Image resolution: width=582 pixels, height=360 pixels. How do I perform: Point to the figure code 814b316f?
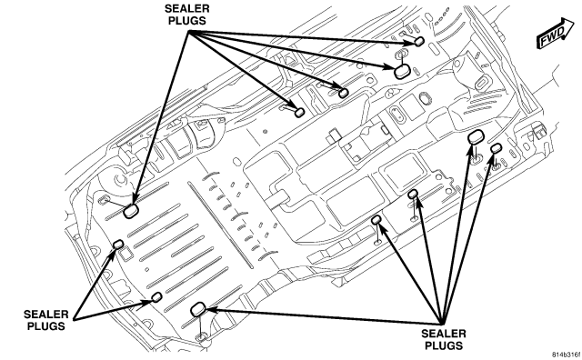click(567, 355)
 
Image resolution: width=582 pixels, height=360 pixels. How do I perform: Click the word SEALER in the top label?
click(187, 8)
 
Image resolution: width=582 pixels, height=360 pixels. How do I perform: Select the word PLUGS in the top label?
click(187, 20)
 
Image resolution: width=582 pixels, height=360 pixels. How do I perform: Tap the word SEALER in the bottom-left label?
click(46, 315)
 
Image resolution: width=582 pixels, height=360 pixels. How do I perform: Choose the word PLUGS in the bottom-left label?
click(46, 326)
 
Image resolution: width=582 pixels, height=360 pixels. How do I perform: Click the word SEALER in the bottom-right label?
click(444, 334)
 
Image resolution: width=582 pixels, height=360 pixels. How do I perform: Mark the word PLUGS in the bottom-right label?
click(444, 345)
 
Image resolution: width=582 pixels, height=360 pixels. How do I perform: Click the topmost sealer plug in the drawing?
click(419, 41)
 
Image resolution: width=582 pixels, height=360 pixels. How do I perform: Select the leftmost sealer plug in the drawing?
click(118, 244)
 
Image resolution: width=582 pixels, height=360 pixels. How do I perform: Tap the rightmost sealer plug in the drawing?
click(497, 148)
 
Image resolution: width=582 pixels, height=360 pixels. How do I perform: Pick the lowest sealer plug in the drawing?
click(198, 309)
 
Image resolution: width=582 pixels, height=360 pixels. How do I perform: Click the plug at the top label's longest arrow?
click(131, 211)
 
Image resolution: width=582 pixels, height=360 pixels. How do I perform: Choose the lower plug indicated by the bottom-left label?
click(157, 296)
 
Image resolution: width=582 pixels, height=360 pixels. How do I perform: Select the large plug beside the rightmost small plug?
click(475, 137)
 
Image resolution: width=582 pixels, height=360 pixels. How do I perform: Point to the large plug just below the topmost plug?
click(402, 71)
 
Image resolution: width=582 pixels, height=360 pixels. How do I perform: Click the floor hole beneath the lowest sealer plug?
click(201, 337)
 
